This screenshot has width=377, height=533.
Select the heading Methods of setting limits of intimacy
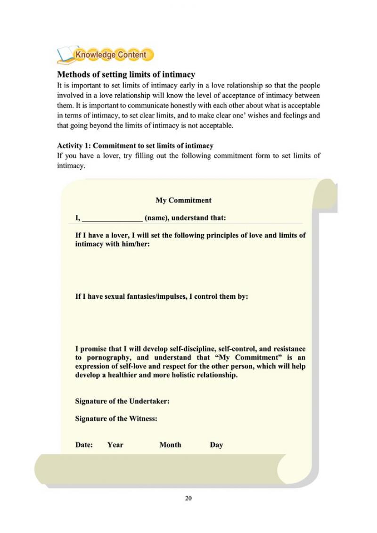126,74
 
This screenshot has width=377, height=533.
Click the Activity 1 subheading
135,146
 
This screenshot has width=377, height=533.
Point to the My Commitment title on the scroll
183,200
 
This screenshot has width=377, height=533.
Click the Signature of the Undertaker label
123,401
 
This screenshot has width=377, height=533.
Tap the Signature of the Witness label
116,418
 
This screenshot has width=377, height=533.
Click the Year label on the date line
115,445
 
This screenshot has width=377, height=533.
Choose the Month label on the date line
170,445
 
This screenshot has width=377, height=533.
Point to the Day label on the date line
216,445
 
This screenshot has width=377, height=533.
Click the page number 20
188,499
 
